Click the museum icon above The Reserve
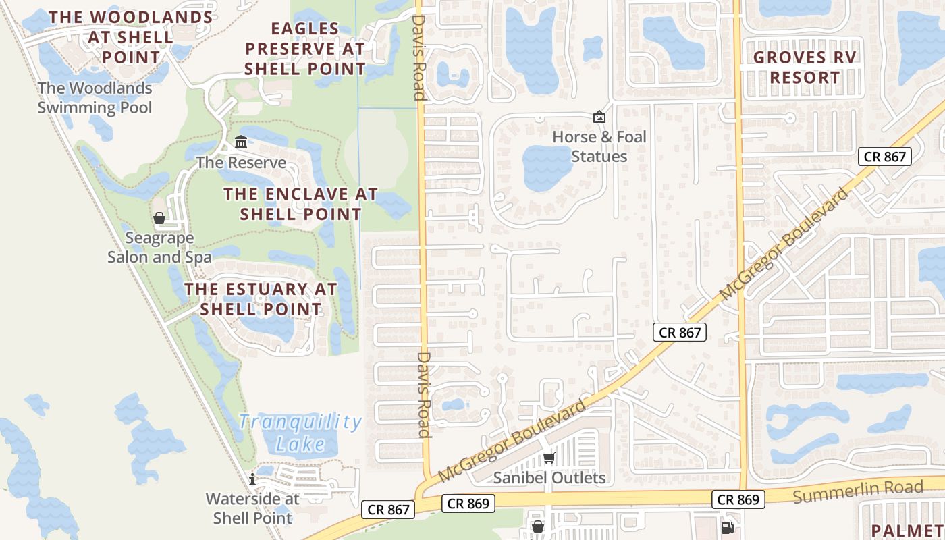coord(241,142)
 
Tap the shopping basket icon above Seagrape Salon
coord(159,218)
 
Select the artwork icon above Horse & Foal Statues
coord(599,117)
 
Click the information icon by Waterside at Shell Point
coord(253,479)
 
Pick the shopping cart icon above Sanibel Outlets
coord(549,459)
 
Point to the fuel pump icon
coord(727,527)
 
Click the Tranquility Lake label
coord(300,433)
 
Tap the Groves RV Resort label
coord(805,67)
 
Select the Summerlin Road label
coord(857,491)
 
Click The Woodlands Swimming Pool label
coord(94,97)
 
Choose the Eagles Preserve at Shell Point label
coord(305,49)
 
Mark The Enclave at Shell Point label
coord(301,204)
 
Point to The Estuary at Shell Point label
coord(261,299)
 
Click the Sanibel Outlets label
coord(549,478)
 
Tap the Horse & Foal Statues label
coord(599,146)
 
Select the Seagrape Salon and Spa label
coord(159,247)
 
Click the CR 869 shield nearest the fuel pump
coord(739,500)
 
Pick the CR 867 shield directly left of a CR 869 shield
coord(389,510)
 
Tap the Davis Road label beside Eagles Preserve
coord(418,59)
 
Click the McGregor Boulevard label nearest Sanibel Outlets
coord(512,441)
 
